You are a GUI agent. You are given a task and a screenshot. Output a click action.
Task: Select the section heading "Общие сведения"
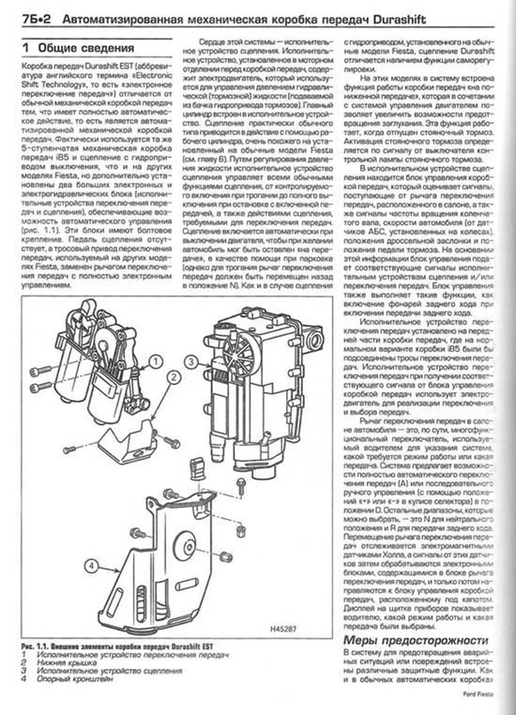86,48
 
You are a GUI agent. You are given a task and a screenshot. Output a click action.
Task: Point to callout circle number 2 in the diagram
173,378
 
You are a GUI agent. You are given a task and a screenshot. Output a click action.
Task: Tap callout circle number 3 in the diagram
191,362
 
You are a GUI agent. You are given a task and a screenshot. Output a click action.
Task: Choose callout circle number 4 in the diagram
91,566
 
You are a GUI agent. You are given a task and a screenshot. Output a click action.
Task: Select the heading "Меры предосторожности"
416,640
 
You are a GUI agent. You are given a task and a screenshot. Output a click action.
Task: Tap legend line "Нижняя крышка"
67,663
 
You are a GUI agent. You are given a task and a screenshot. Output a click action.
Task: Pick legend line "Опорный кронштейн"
75,679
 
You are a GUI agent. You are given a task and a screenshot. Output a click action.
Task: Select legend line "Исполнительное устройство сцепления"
109,671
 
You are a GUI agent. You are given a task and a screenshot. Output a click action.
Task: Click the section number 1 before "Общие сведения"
26,48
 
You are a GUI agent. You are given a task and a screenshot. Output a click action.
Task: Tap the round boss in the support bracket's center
188,547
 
